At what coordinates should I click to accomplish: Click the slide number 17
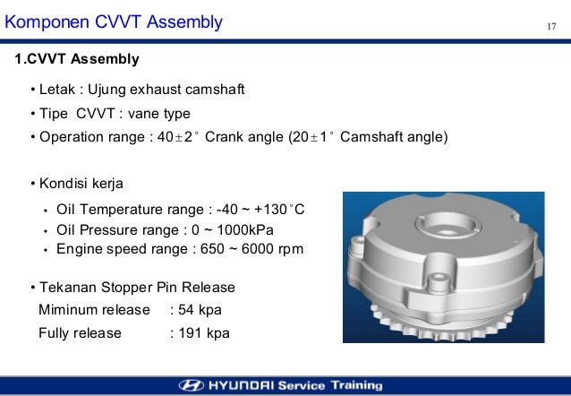click(552, 23)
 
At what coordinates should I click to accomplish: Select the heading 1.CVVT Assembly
click(77, 59)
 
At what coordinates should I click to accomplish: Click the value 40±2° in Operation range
click(166, 137)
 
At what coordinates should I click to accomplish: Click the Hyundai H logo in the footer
click(192, 385)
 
